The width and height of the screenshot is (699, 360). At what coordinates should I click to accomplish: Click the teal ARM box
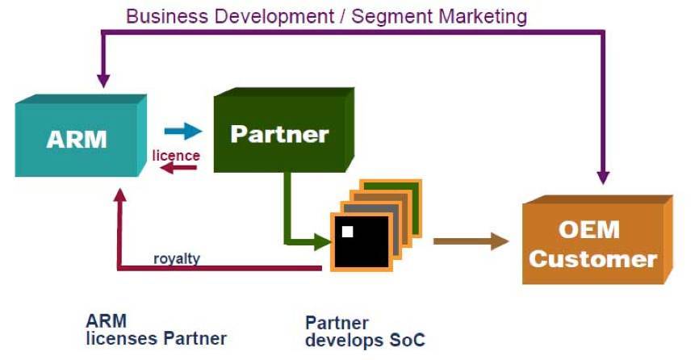coord(81,136)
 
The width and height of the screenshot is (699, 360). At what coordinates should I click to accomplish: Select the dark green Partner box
coord(283,130)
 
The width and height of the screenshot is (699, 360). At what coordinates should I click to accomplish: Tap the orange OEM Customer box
coord(597,240)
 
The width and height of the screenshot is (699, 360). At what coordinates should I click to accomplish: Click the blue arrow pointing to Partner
coord(183,131)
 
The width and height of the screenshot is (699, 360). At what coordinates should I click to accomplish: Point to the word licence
coord(176,156)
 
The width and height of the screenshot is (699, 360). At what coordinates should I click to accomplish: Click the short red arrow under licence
coord(178,168)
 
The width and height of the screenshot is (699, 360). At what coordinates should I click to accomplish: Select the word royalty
coord(177,258)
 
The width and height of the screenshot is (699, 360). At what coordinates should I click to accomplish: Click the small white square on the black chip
coord(347,231)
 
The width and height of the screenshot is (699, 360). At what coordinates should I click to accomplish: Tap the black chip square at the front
coord(361,242)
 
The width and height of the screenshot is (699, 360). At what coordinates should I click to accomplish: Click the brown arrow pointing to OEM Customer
coord(471,241)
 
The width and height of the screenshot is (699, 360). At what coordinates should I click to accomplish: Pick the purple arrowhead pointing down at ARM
coord(103,81)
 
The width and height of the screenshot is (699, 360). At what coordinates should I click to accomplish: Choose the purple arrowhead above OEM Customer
coord(603,178)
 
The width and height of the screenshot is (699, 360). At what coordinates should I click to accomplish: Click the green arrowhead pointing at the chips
coord(323,242)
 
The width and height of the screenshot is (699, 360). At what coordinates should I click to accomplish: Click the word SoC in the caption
coord(408,341)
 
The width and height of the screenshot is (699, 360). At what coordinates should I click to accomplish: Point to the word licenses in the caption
coord(122,339)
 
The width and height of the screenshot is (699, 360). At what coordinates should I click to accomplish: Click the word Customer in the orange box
coord(593,259)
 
